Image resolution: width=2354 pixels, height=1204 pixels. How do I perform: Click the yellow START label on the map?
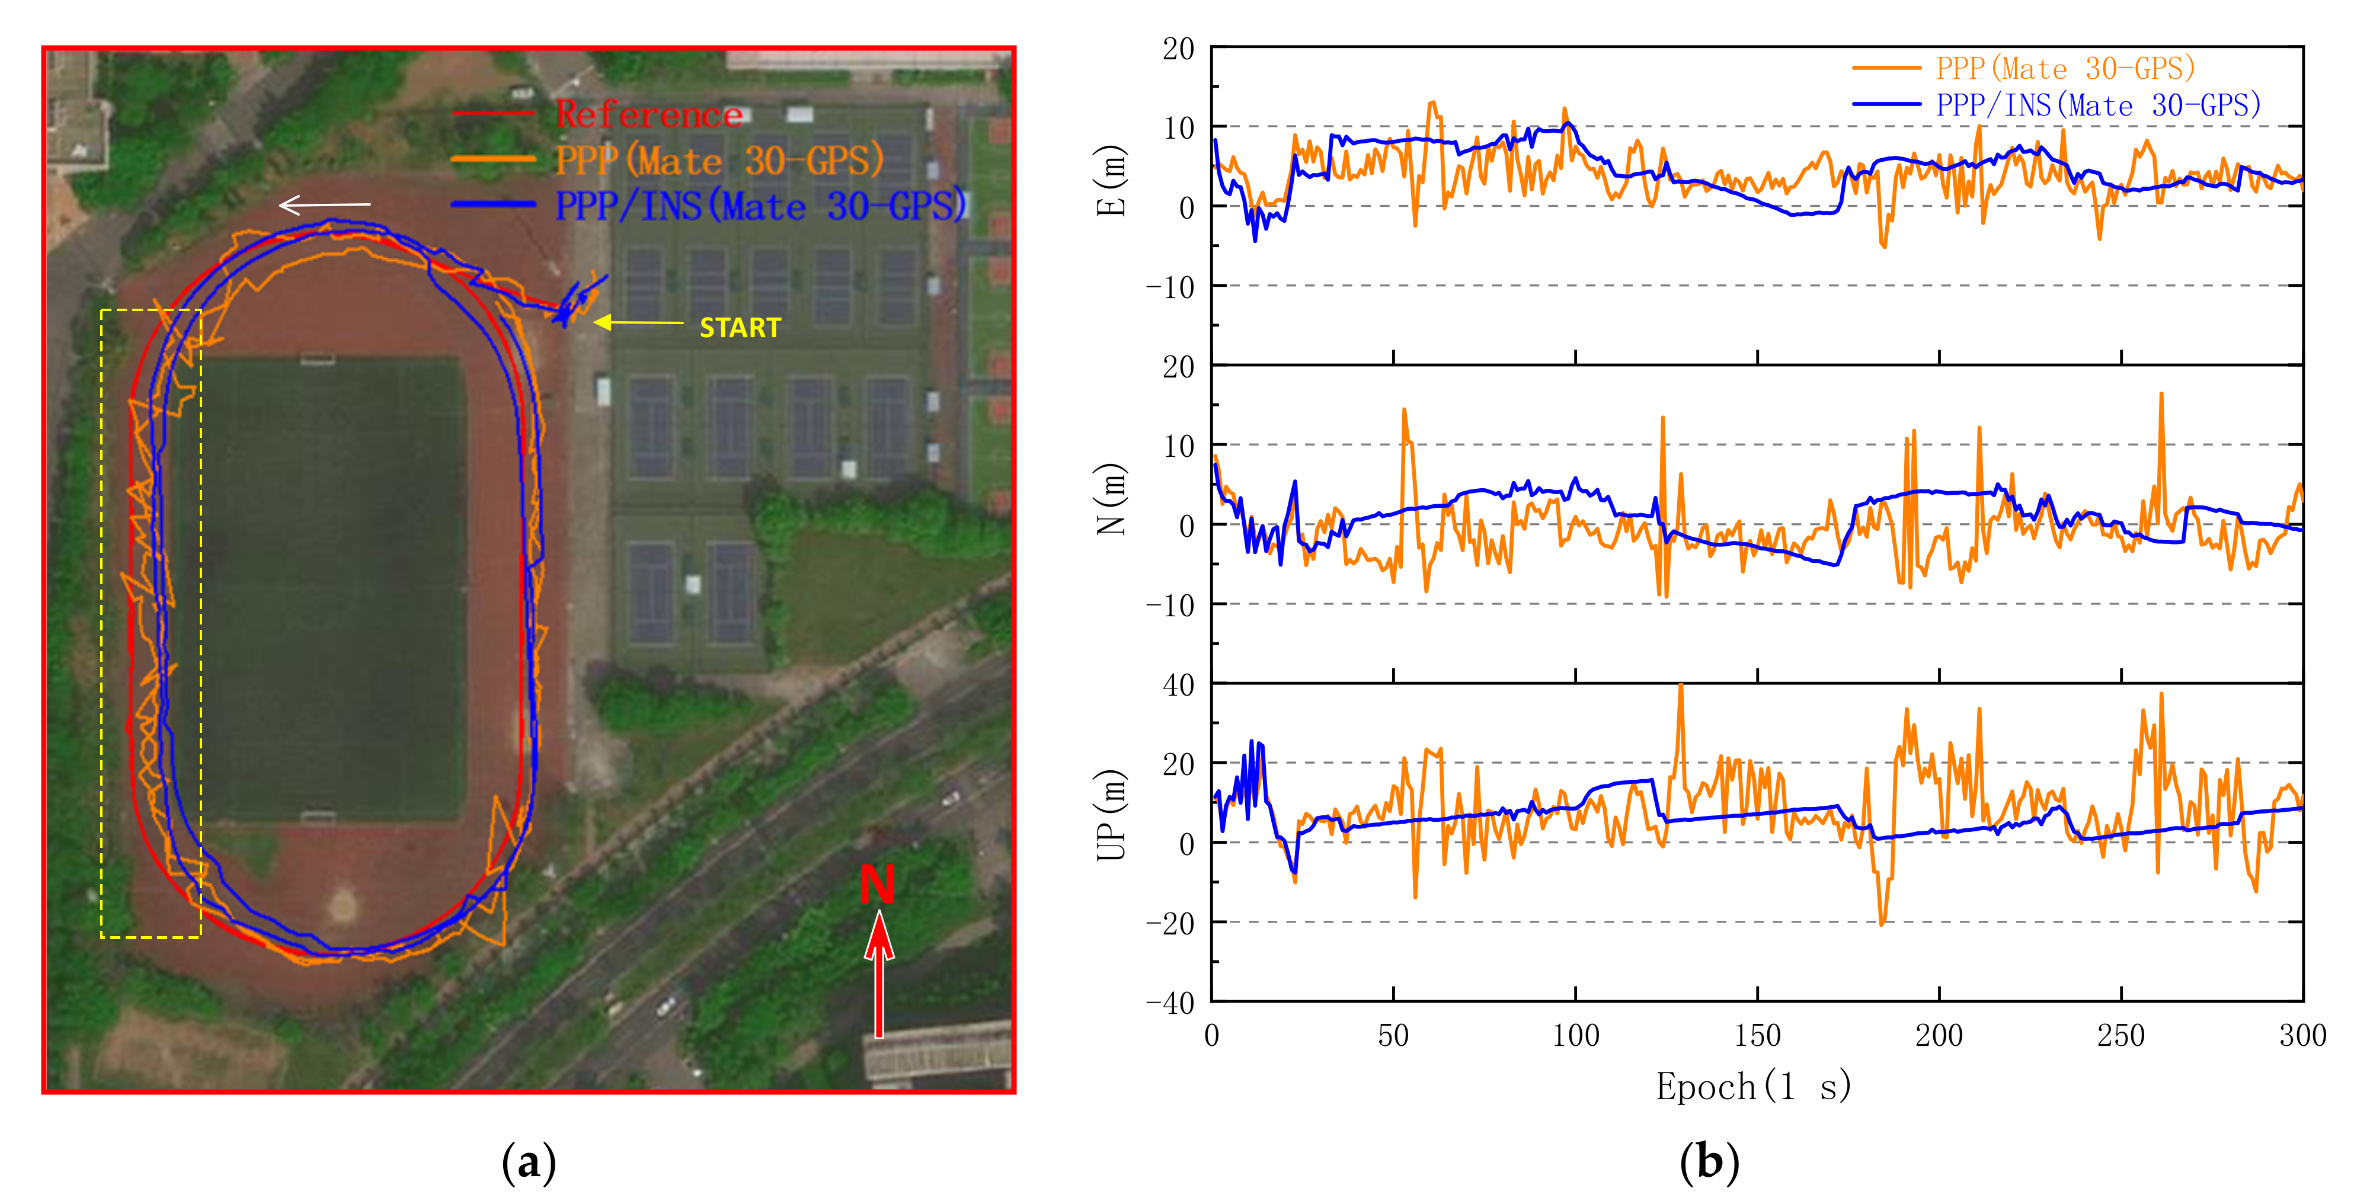[x=739, y=328]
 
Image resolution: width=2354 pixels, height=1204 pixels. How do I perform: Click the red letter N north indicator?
[x=877, y=884]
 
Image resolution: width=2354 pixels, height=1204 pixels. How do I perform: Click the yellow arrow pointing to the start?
[x=638, y=322]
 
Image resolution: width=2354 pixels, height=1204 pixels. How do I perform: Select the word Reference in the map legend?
[x=649, y=115]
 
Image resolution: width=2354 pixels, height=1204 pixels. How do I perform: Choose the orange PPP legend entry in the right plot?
[x=2064, y=69]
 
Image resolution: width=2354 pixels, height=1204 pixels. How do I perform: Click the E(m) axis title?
[x=1111, y=181]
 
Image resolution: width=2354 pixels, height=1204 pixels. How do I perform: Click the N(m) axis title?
[x=1111, y=499]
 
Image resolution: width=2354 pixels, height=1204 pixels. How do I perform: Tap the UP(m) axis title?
[x=1111, y=816]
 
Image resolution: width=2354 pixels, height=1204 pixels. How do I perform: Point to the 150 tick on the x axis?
[x=1757, y=1036]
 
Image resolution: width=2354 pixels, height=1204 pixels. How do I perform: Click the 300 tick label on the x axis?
[x=2302, y=1036]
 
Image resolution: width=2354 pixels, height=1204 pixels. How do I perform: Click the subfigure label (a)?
[x=528, y=1163]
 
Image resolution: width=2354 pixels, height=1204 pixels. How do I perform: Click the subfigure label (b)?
[x=1709, y=1163]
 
